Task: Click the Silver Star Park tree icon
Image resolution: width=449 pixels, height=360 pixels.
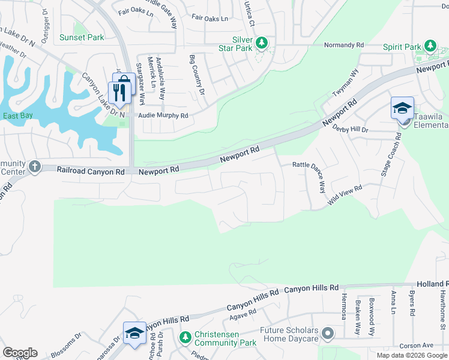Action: (x=261, y=43)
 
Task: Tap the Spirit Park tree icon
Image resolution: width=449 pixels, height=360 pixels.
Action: (x=430, y=46)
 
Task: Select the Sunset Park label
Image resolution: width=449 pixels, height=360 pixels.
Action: (x=82, y=37)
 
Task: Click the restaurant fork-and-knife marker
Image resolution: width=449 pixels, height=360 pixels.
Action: (x=118, y=92)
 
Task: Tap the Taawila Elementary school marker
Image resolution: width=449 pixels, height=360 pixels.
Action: (x=402, y=108)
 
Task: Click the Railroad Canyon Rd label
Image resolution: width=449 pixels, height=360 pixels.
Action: (x=90, y=171)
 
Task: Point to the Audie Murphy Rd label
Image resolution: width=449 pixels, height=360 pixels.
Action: (x=164, y=115)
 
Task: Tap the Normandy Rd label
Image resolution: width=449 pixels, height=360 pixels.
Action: (x=344, y=45)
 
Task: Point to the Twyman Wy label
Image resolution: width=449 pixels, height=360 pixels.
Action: (x=346, y=84)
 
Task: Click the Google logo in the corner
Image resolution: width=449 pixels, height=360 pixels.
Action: (x=20, y=353)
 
